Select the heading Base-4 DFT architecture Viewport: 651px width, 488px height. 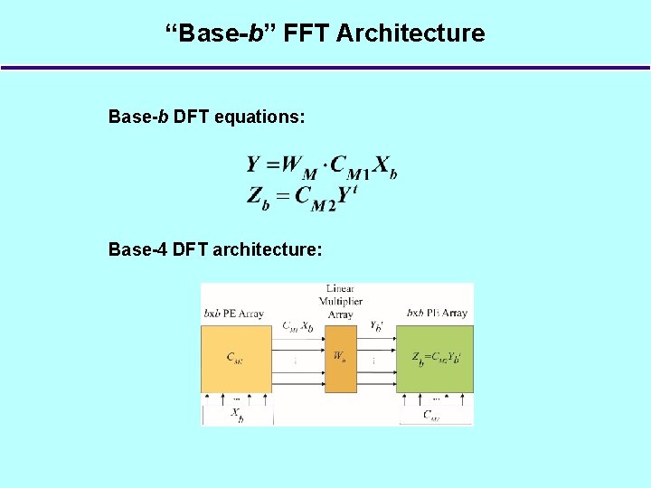[x=215, y=249]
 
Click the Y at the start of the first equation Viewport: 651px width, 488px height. [x=255, y=164]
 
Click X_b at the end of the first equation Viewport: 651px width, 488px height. [x=385, y=166]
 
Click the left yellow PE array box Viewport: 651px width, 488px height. [x=236, y=359]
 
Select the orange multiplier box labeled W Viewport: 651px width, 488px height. [x=341, y=358]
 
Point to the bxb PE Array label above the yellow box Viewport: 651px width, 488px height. [x=233, y=314]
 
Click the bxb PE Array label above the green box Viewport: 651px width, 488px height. [x=437, y=313]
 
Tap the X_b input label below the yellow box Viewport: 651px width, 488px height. [x=236, y=415]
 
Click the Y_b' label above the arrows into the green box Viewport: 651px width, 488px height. [x=376, y=326]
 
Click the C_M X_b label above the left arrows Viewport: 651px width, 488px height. [x=298, y=326]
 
